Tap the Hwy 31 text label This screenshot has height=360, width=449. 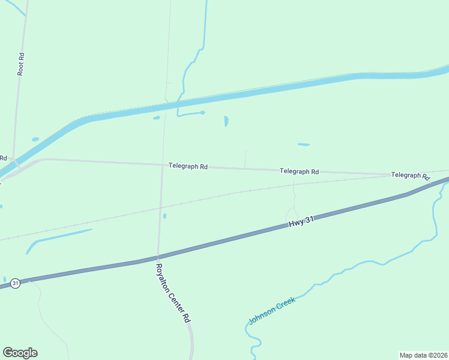(301, 221)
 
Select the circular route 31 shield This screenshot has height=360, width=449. (16, 283)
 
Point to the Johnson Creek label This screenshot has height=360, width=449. (272, 311)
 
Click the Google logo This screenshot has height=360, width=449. (20, 353)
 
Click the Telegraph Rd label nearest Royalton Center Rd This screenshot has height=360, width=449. (188, 166)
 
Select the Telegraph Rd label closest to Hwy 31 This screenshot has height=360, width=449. (299, 171)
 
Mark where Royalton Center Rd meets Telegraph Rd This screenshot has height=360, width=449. (162, 166)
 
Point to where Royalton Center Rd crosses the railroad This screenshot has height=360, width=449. (160, 208)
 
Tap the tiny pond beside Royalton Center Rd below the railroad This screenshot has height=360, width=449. (164, 216)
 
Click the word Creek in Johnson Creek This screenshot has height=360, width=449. (286, 303)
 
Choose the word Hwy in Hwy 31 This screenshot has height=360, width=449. (296, 223)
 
